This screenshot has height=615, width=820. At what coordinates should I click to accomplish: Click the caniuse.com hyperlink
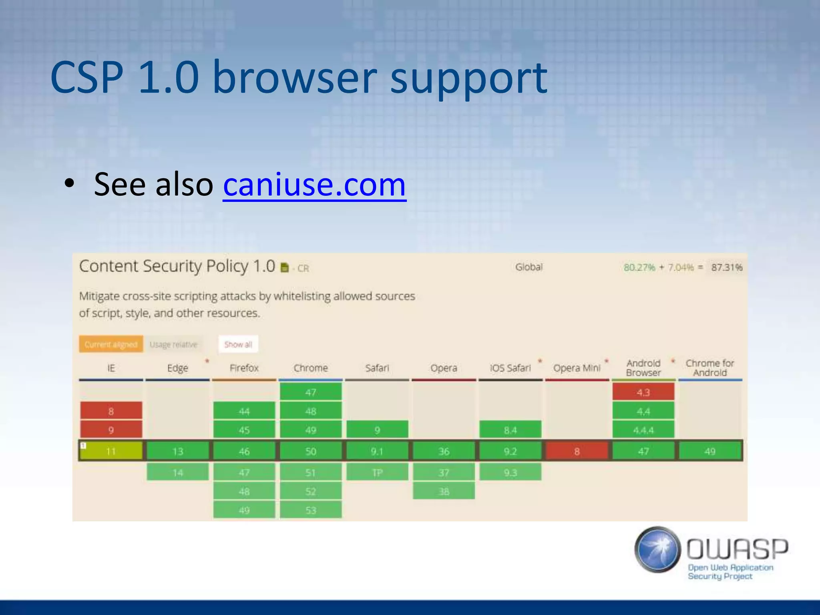[314, 185]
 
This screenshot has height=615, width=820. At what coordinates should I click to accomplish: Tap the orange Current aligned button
[111, 344]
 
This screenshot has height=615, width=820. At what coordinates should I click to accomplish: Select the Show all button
[238, 344]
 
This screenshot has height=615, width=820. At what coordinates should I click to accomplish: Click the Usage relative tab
[173, 344]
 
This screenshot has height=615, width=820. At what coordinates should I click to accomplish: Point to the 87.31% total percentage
[726, 267]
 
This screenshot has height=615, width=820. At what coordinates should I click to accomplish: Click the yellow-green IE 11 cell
[111, 451]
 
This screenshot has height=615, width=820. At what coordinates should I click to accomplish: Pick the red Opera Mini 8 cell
[577, 451]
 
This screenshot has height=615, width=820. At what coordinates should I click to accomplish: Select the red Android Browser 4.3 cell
[643, 392]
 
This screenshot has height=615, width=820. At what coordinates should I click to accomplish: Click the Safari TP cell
[377, 472]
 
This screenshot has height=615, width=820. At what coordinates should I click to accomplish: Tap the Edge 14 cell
[178, 472]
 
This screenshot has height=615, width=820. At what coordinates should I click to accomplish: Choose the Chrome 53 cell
[311, 510]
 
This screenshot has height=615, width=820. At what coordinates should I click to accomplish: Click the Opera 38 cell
[444, 491]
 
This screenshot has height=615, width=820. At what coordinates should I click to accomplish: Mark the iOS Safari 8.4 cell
[510, 430]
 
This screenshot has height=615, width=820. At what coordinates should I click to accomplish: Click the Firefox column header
[244, 368]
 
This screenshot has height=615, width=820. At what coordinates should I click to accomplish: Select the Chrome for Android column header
[710, 368]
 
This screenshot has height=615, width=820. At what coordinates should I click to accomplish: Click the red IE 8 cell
[111, 411]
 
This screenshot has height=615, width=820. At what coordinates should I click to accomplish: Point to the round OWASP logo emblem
[657, 549]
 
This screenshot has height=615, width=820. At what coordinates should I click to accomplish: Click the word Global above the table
[529, 267]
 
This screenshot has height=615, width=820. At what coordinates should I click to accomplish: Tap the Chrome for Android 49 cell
[710, 451]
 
